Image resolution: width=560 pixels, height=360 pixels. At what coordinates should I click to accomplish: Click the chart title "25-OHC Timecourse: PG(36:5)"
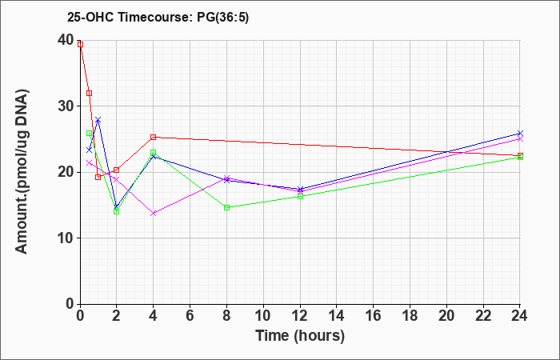pos(158,18)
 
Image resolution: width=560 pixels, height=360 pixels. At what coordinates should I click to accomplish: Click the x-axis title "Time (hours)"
pos(300,336)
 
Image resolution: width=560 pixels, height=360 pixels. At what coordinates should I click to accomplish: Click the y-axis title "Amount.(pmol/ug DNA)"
pos(22,172)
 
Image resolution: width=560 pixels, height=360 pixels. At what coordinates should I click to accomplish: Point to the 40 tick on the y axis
pos(65,40)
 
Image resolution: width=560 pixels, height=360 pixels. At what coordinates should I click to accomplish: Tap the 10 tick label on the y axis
pos(65,238)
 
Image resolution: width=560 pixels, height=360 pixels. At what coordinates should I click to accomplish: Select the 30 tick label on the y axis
pos(65,106)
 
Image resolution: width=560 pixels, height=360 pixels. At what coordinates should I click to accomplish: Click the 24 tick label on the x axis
pos(520,315)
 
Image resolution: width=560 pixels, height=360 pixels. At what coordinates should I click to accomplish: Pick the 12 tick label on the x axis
pos(300,315)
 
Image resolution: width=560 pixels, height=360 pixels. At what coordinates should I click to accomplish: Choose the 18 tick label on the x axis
pos(410,315)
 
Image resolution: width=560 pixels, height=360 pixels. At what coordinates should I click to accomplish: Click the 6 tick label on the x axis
pos(190,315)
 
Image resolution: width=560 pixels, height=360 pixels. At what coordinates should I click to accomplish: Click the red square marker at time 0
pos(80,44)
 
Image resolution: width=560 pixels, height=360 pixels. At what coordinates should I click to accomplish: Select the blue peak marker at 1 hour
pos(98,120)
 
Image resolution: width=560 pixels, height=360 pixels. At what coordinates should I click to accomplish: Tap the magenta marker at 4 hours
pos(154,214)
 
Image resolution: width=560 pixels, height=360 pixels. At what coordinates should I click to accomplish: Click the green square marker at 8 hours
pos(226,207)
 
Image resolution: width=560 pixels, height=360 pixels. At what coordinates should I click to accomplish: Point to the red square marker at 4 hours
pos(154,137)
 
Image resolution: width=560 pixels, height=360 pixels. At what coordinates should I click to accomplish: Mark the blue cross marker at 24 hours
pos(520,134)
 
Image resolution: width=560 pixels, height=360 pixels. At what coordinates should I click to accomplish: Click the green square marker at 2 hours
pos(117,211)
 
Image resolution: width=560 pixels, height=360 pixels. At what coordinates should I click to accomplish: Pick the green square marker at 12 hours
pos(300,196)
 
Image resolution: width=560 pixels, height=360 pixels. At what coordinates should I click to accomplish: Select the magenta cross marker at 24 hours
pos(520,139)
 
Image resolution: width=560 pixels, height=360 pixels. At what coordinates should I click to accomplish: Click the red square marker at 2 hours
pos(117,170)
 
